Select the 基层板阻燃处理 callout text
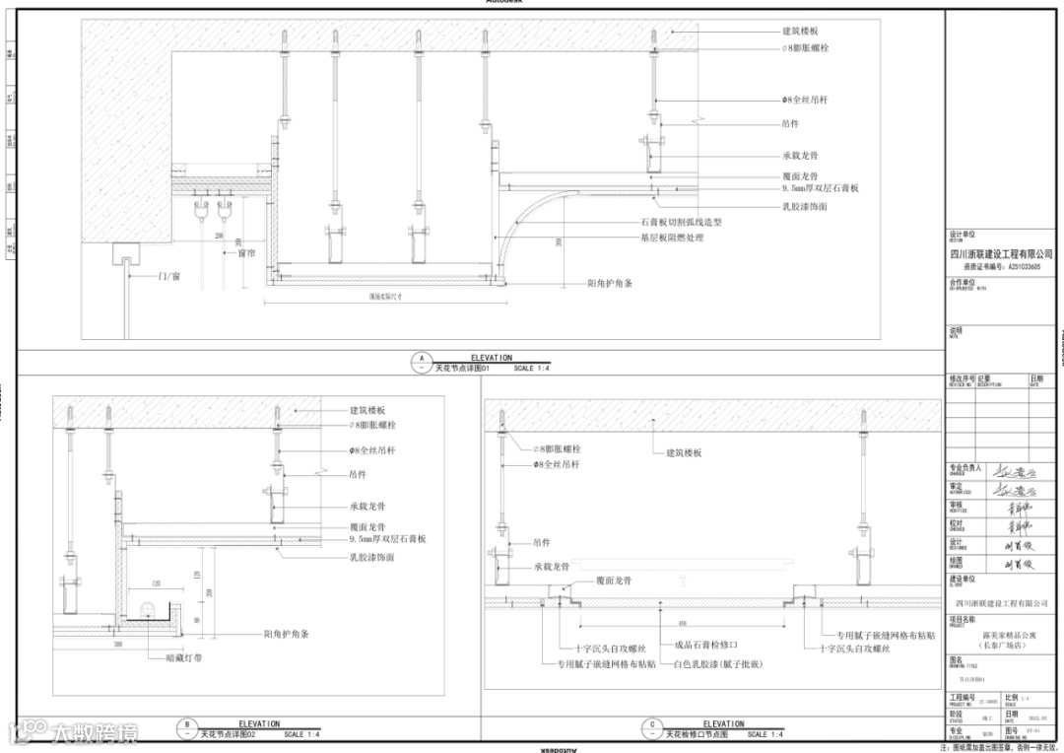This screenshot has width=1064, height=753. click(x=672, y=238)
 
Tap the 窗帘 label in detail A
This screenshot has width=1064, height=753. click(x=246, y=252)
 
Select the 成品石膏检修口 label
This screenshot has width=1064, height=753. click(x=706, y=647)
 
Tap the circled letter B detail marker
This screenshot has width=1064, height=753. click(x=186, y=729)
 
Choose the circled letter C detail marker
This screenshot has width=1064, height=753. click(x=651, y=729)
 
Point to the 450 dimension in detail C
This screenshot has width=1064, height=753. click(x=682, y=623)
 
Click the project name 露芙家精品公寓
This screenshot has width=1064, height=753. click(x=1002, y=638)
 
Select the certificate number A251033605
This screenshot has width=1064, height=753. click(x=1018, y=266)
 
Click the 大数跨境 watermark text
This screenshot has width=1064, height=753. click(x=96, y=733)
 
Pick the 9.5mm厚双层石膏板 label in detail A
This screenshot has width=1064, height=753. click(x=821, y=187)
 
